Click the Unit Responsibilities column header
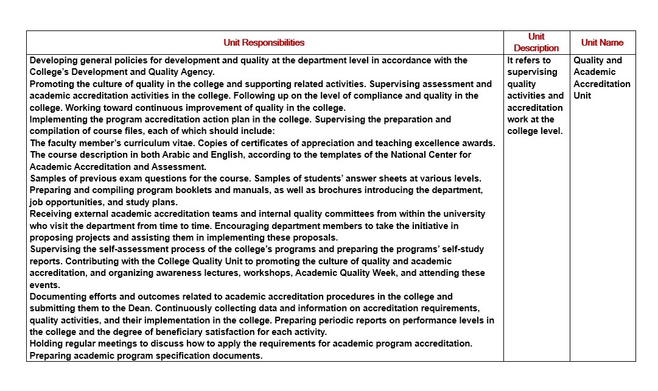pos(264,43)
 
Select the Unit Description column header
pos(536,43)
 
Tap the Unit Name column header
pos(602,43)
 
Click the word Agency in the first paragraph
pos(197,72)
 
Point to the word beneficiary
pos(172,332)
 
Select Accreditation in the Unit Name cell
pos(602,84)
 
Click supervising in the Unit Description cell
pos(532,72)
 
